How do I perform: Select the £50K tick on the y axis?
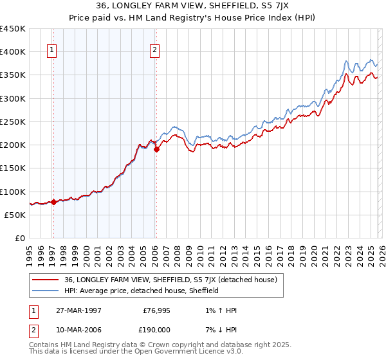tap(15, 215)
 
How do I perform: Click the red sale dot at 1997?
tap(54, 202)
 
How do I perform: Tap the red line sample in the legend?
tap(45, 280)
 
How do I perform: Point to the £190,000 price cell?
tap(158, 329)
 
